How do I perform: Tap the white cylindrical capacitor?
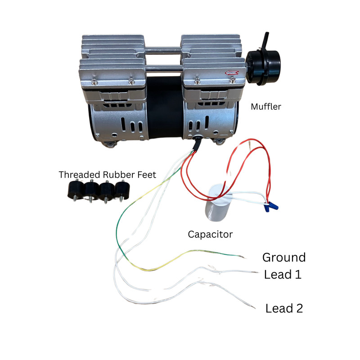216,203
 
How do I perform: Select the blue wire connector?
271,206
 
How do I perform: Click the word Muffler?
266,107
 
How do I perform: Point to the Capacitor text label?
210,234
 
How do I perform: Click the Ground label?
284,257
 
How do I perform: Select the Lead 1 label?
283,274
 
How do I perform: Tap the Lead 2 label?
284,308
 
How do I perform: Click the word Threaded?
80,175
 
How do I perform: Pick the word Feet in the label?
147,175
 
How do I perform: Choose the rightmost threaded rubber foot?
122,190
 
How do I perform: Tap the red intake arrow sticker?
232,73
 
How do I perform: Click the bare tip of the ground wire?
243,257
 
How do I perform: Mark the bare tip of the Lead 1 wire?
255,272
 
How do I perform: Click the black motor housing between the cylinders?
165,108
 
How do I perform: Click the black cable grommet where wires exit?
197,142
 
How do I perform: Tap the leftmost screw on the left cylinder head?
94,81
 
